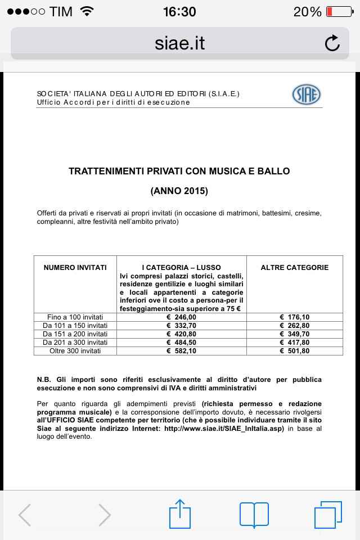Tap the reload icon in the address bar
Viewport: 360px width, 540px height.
pos(332,43)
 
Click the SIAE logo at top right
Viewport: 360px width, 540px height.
pos(306,94)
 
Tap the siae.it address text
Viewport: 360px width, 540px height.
pos(180,43)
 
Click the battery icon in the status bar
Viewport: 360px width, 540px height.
pos(339,11)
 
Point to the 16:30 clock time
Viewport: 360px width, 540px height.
pos(179,11)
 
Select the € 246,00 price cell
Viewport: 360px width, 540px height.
pos(181,317)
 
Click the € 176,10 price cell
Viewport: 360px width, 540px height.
pos(294,317)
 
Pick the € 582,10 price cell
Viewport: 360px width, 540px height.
pos(181,351)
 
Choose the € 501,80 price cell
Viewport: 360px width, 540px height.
pos(294,351)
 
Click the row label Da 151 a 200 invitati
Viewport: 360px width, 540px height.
pos(75,334)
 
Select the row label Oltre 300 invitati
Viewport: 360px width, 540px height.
pos(75,351)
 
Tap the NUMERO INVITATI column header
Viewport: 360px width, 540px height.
pos(75,268)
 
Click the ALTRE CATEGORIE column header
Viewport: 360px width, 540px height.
pos(294,268)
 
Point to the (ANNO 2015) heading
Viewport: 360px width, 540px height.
pos(179,191)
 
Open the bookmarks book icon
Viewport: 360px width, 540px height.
pos(254,515)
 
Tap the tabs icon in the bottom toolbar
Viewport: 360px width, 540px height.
pos(327,515)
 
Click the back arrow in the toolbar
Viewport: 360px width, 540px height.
pos(25,515)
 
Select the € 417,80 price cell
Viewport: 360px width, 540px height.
pos(294,343)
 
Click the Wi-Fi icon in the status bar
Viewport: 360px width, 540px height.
pos(87,11)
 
